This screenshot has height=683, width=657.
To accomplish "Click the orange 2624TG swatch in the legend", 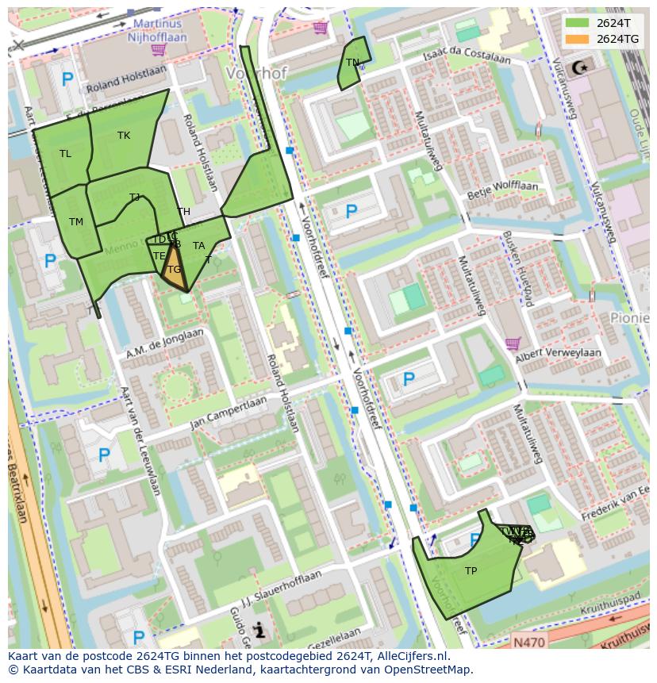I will pyautogui.click(x=577, y=39).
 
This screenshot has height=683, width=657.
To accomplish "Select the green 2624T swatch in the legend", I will pyautogui.click(x=577, y=23).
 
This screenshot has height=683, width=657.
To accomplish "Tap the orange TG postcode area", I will pyautogui.click(x=174, y=271).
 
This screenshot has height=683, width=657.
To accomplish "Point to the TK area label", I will pyautogui.click(x=124, y=136).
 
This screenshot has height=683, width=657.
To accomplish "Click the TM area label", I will pyautogui.click(x=76, y=222).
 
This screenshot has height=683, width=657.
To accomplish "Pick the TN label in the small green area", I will pyautogui.click(x=352, y=63).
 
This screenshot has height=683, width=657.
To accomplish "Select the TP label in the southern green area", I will pyautogui.click(x=471, y=571).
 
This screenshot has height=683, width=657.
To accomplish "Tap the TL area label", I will pyautogui.click(x=65, y=154).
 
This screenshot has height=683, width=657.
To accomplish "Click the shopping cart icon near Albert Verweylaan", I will pyautogui.click(x=513, y=344).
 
